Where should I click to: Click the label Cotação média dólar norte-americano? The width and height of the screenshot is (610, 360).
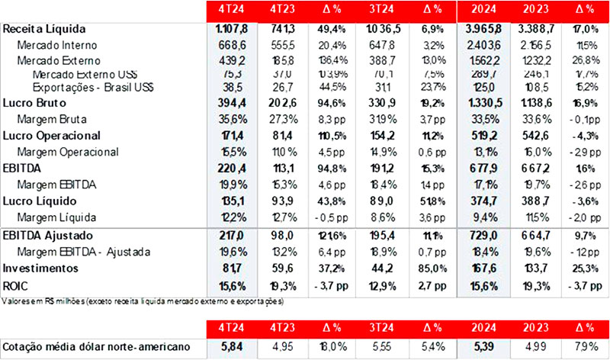[x=99, y=347]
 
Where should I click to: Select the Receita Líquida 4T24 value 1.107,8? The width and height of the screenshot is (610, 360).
[x=233, y=28]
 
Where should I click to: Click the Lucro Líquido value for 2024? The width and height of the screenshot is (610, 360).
[x=485, y=202]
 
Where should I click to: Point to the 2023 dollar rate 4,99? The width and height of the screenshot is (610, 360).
[x=537, y=347]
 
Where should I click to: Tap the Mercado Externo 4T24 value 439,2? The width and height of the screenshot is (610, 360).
[x=233, y=59]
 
